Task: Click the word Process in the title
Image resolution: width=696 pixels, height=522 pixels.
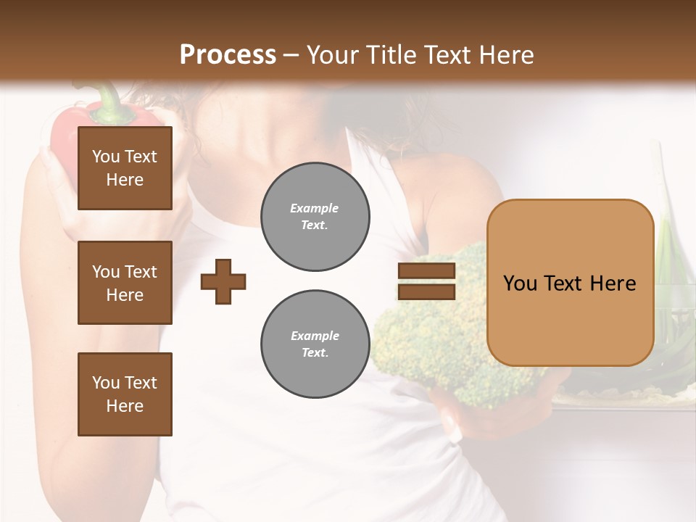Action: [228, 55]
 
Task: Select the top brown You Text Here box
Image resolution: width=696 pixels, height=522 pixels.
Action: [125, 168]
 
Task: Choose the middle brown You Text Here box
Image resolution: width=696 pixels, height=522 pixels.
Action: [125, 283]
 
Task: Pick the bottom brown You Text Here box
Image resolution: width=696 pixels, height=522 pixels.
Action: [125, 394]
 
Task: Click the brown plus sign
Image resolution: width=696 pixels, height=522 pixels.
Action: [223, 281]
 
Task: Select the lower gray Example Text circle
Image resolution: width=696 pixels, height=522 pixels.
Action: [315, 344]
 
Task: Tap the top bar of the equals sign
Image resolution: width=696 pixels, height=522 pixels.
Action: [427, 270]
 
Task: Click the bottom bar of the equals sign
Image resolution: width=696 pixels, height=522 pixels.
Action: [427, 291]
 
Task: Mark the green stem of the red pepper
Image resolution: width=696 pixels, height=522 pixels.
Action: [109, 101]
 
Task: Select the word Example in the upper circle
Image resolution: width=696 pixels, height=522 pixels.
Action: [315, 209]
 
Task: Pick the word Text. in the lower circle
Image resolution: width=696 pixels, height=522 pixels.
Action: [315, 353]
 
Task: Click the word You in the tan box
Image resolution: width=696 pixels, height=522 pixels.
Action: [520, 283]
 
